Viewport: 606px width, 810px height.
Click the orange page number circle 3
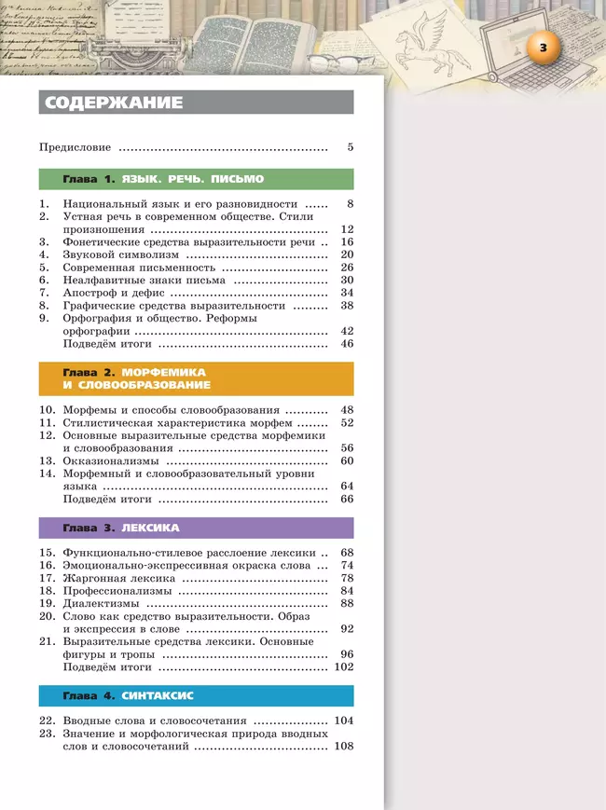(544, 47)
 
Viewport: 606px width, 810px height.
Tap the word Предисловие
(76, 147)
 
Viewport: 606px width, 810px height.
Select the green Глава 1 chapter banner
(196, 179)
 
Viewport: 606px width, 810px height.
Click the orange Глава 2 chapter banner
(196, 378)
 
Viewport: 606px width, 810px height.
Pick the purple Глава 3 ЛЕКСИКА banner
(196, 529)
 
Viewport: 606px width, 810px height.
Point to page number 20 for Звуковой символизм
(347, 254)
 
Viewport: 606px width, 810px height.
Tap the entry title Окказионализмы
(111, 460)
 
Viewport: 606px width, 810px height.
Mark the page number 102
(344, 667)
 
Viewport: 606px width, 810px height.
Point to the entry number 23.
(46, 734)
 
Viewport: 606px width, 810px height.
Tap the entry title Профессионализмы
(117, 591)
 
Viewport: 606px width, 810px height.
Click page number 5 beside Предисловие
(350, 147)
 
